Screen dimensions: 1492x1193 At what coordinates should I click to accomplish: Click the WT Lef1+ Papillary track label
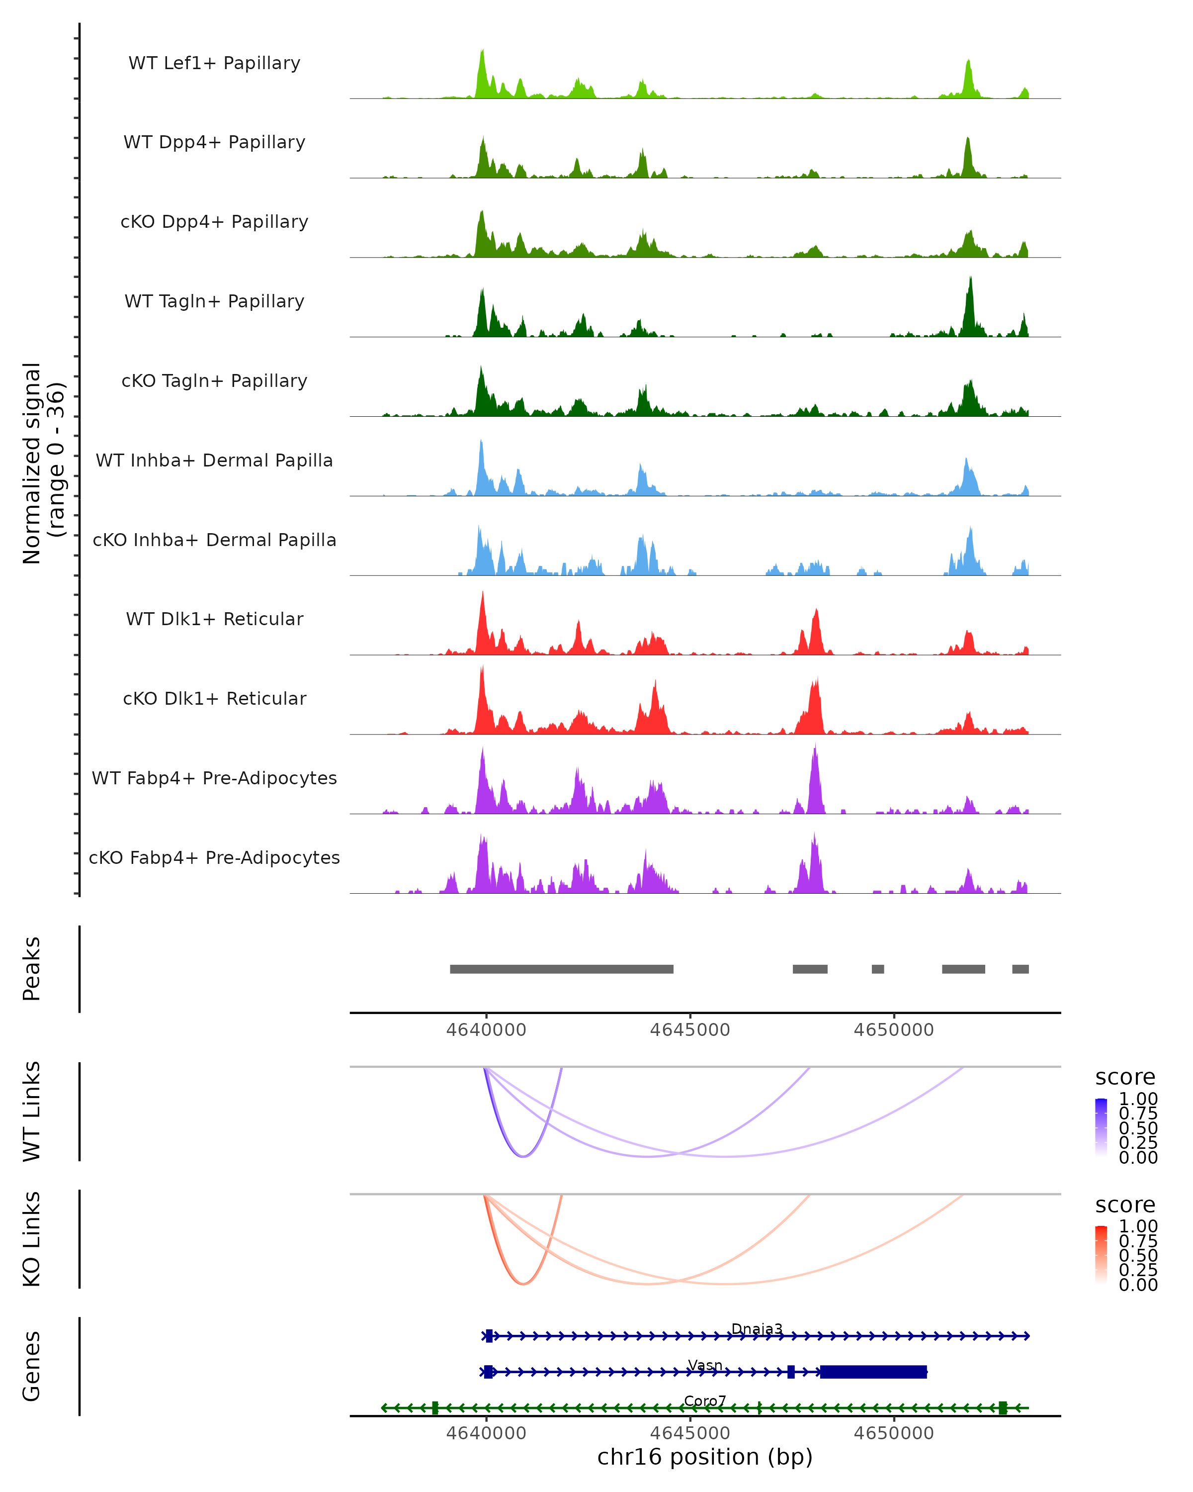coord(214,63)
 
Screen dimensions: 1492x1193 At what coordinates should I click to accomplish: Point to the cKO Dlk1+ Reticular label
coord(214,698)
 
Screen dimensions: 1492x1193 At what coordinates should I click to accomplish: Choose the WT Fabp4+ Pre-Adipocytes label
coord(214,778)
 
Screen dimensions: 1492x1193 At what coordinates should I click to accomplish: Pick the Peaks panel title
coord(32,968)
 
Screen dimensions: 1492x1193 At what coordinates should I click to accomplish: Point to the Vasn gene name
coord(705,1365)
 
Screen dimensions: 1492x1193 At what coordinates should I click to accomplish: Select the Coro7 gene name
coord(705,1400)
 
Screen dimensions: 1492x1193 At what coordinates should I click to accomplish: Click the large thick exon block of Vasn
coord(873,1372)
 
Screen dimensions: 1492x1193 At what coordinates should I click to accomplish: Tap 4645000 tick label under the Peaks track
coord(689,1030)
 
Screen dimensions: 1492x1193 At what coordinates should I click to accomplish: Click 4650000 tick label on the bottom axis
coord(894,1433)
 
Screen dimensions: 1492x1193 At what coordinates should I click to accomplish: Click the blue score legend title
coord(1125,1078)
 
